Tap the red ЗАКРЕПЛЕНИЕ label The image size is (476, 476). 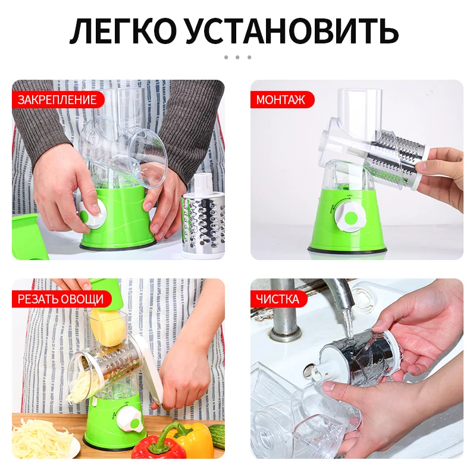57,99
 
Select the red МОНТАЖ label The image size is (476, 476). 280,99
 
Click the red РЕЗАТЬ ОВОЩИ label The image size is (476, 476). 60,298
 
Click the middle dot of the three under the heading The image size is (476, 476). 237,57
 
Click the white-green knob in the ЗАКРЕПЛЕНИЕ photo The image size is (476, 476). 93,214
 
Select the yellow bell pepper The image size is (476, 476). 192,439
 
